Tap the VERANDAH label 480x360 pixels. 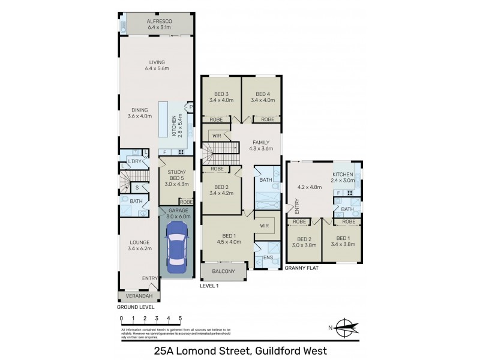140,296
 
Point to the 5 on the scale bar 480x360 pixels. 180,317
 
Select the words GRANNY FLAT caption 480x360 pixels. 302,269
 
